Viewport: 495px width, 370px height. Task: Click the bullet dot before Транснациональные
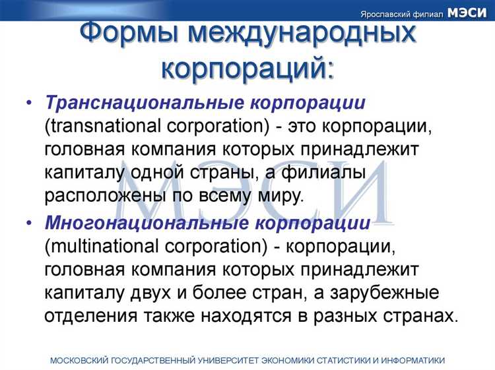pos(30,104)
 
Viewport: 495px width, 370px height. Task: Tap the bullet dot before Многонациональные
pos(30,224)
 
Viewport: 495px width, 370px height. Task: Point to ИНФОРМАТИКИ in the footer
pos(412,360)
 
